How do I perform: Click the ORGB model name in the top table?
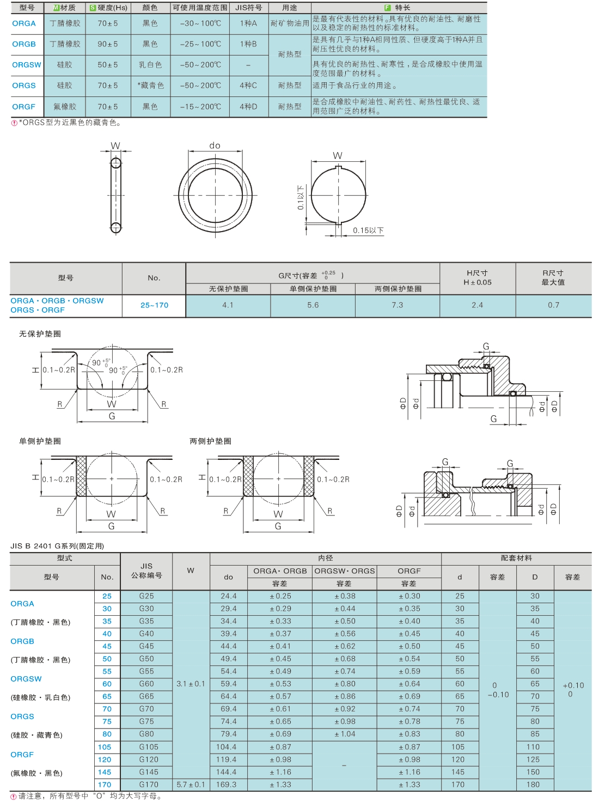tap(24, 44)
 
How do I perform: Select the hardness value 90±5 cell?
tap(108, 44)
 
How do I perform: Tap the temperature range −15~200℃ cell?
tap(201, 107)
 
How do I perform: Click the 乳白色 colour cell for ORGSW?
tap(150, 65)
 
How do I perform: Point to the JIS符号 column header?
tap(249, 8)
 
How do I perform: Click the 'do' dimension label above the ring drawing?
tap(215, 145)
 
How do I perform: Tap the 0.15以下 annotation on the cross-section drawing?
tap(368, 230)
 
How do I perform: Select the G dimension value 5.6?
tap(313, 305)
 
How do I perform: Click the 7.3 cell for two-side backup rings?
tap(398, 305)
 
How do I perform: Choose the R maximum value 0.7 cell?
tap(554, 305)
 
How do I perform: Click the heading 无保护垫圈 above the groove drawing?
tap(40, 334)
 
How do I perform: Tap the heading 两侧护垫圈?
tap(211, 441)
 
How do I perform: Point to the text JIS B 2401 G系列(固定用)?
tap(57, 545)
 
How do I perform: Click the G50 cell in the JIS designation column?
tap(146, 659)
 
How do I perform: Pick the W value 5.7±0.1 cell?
tap(191, 785)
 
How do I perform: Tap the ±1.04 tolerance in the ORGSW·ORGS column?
tap(345, 734)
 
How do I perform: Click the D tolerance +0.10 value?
tap(573, 685)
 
